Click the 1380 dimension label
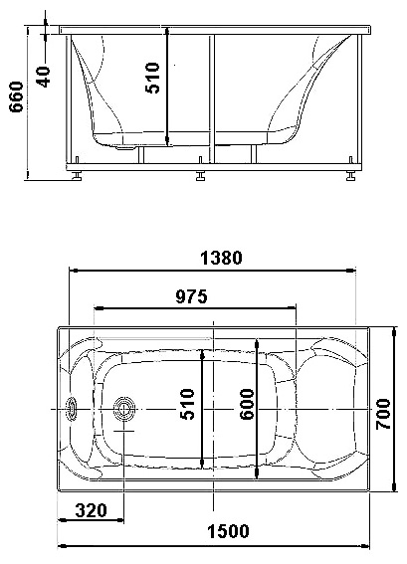pos(221,258)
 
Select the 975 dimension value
pos(191,296)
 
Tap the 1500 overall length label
pos(228,531)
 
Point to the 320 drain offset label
pos(91,510)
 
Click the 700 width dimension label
pos(383,414)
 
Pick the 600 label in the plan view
pos(247,404)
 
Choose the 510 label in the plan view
pos(187,404)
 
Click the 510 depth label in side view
pos(152,78)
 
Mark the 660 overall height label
pos(16,97)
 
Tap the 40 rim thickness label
pos(43,77)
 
